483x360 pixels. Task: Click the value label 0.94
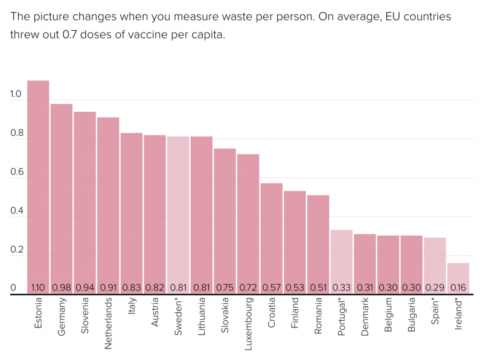pos(85,288)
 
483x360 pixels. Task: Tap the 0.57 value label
pos(271,288)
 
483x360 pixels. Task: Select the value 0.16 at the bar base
pos(458,288)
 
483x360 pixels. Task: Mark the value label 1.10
pos(38,288)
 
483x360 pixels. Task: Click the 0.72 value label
pos(248,288)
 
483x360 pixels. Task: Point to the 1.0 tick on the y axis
pos(16,95)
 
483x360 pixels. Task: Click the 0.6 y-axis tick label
pos(16,173)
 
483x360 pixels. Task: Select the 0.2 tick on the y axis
pos(16,250)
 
